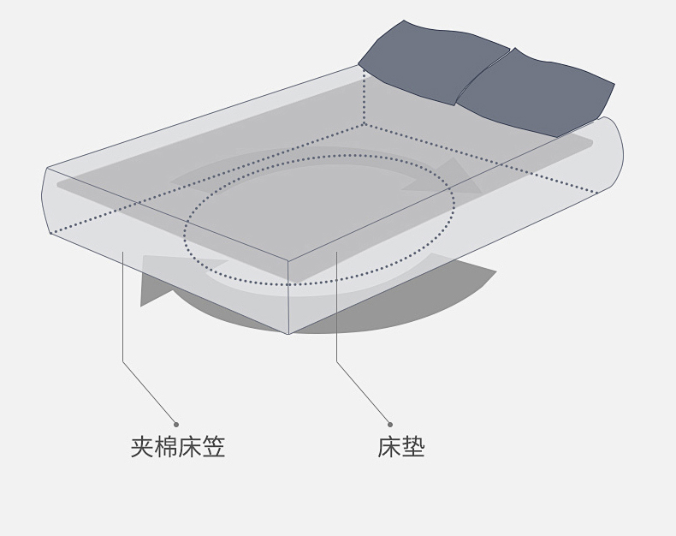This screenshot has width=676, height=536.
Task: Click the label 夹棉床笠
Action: point(178,447)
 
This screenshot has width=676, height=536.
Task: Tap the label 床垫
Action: point(401,447)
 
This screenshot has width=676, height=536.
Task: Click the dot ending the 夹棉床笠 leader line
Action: point(176,424)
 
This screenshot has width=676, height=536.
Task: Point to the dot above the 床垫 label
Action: point(390,424)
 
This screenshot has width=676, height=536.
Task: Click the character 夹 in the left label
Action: point(142,447)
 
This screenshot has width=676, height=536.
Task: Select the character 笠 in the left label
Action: point(214,447)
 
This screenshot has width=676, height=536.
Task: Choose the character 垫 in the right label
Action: point(413,447)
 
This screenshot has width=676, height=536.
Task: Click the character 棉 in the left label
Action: point(166,447)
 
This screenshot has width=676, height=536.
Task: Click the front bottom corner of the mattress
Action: point(289,333)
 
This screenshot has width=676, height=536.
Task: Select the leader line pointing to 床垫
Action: point(336,325)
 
